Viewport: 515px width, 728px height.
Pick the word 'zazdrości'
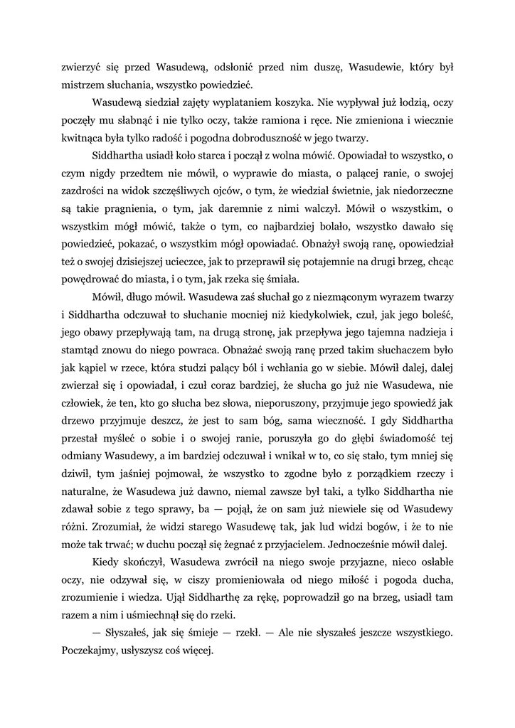tap(84, 191)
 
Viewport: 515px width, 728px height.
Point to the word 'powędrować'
tap(92, 279)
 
